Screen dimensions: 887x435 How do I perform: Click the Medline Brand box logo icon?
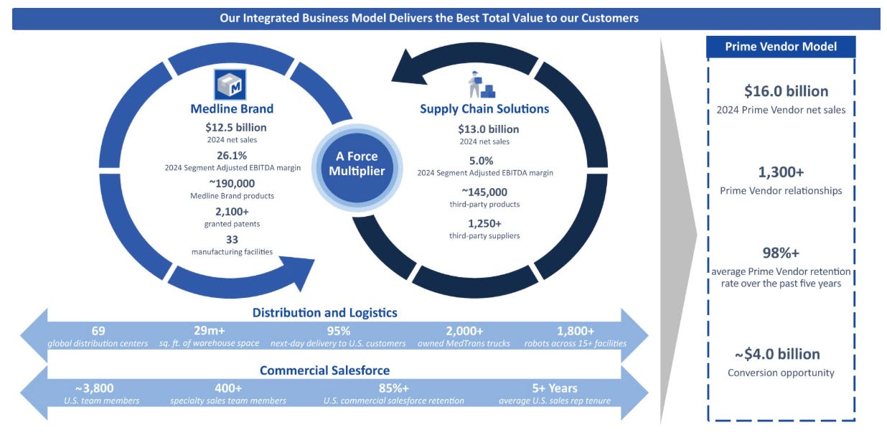click(x=230, y=85)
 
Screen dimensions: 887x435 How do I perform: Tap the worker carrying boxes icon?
click(x=482, y=85)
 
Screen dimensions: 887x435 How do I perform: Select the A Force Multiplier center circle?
click(x=357, y=167)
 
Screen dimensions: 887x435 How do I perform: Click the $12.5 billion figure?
click(x=235, y=128)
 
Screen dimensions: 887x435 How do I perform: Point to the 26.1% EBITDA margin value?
click(x=232, y=155)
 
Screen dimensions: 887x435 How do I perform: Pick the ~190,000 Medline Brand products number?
click(x=232, y=184)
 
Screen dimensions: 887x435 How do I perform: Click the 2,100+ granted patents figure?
click(x=232, y=212)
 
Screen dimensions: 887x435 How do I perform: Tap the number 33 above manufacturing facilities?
click(x=232, y=240)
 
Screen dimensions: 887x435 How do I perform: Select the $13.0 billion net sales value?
click(x=488, y=129)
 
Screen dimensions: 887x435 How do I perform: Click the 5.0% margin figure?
click(x=481, y=161)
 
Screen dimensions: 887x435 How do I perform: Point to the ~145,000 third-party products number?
click(x=484, y=192)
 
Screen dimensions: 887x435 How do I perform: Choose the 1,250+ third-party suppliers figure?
click(x=484, y=223)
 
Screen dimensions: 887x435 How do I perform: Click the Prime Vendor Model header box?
click(x=781, y=47)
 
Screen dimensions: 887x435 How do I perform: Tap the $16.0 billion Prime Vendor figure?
click(x=786, y=91)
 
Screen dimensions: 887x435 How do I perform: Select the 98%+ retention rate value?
click(x=781, y=253)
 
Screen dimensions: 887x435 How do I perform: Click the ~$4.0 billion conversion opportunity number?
click(x=777, y=354)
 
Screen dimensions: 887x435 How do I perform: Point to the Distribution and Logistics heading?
click(x=324, y=312)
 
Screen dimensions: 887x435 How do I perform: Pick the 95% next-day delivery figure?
click(x=339, y=331)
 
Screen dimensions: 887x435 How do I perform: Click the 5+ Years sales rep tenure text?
click(x=554, y=388)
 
